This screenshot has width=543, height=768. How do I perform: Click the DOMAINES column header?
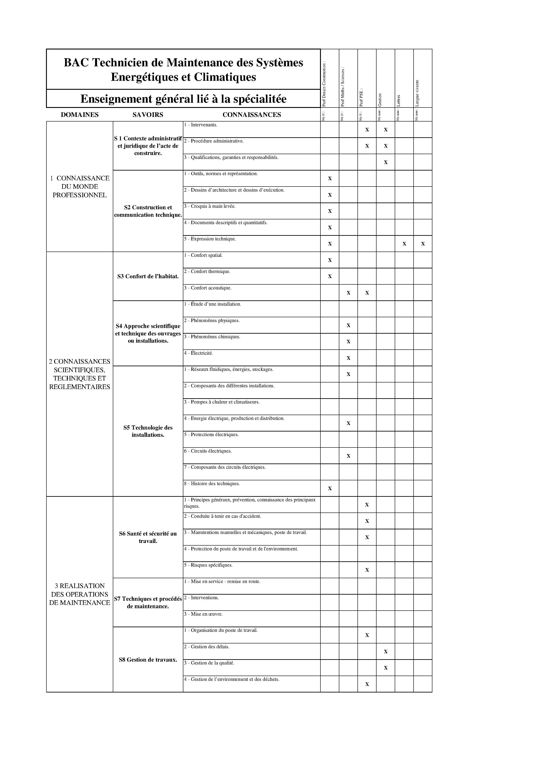80,115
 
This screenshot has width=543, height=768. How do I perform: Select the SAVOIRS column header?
148,115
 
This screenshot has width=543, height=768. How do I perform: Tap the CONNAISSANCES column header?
252,115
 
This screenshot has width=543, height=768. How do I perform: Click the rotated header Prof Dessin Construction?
324,84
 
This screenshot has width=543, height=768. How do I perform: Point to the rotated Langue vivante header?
417,93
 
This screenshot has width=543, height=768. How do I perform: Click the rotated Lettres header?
398,100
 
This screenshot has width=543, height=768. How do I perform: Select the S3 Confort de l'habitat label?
148,276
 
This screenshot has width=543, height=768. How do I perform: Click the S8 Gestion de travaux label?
148,660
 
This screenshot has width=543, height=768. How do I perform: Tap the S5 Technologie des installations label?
148,431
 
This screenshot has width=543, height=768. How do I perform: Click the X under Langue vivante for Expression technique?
423,244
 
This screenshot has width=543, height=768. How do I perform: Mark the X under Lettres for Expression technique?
404,244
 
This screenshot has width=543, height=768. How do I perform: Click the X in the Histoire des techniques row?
330,488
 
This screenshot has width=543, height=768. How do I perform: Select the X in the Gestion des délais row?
386,652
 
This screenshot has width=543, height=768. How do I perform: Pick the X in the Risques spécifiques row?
367,570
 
